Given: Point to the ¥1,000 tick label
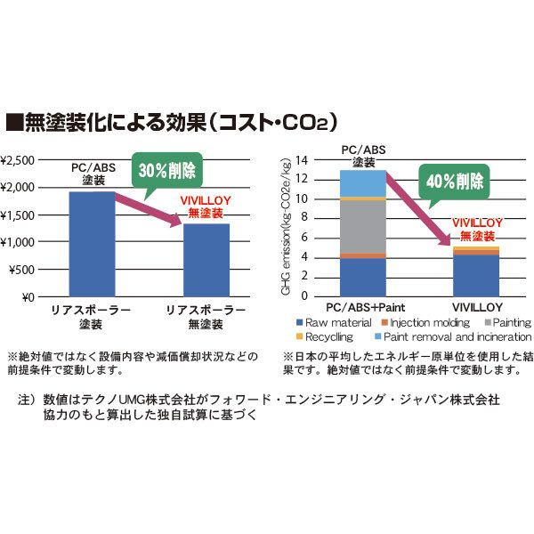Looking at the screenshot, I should coord(20,242).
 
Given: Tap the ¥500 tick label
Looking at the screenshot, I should coord(23,270).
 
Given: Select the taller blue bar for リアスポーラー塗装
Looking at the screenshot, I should coord(93,244).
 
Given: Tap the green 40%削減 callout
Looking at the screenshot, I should coord(456,182).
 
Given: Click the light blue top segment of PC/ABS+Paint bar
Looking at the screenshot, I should coord(362,183).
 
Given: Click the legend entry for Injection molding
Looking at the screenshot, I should coord(418,322).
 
